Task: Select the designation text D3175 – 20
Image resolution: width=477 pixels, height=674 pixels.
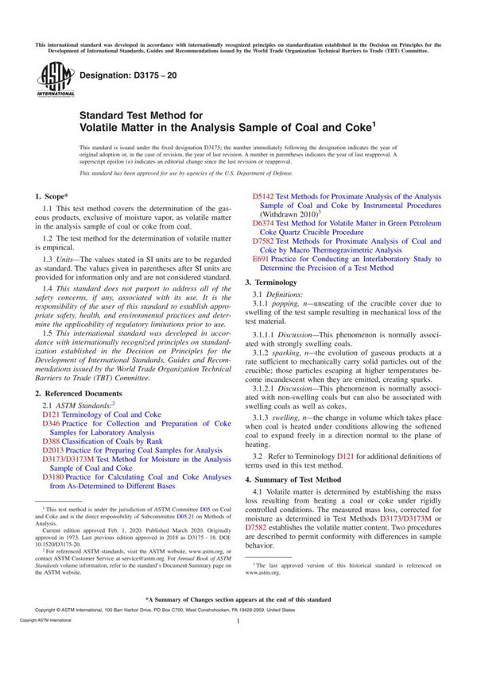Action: [122, 73]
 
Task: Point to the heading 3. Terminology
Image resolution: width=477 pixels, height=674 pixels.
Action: [276, 283]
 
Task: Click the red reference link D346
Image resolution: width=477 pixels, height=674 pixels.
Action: [52, 424]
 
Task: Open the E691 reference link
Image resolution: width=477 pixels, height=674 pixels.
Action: [261, 259]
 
